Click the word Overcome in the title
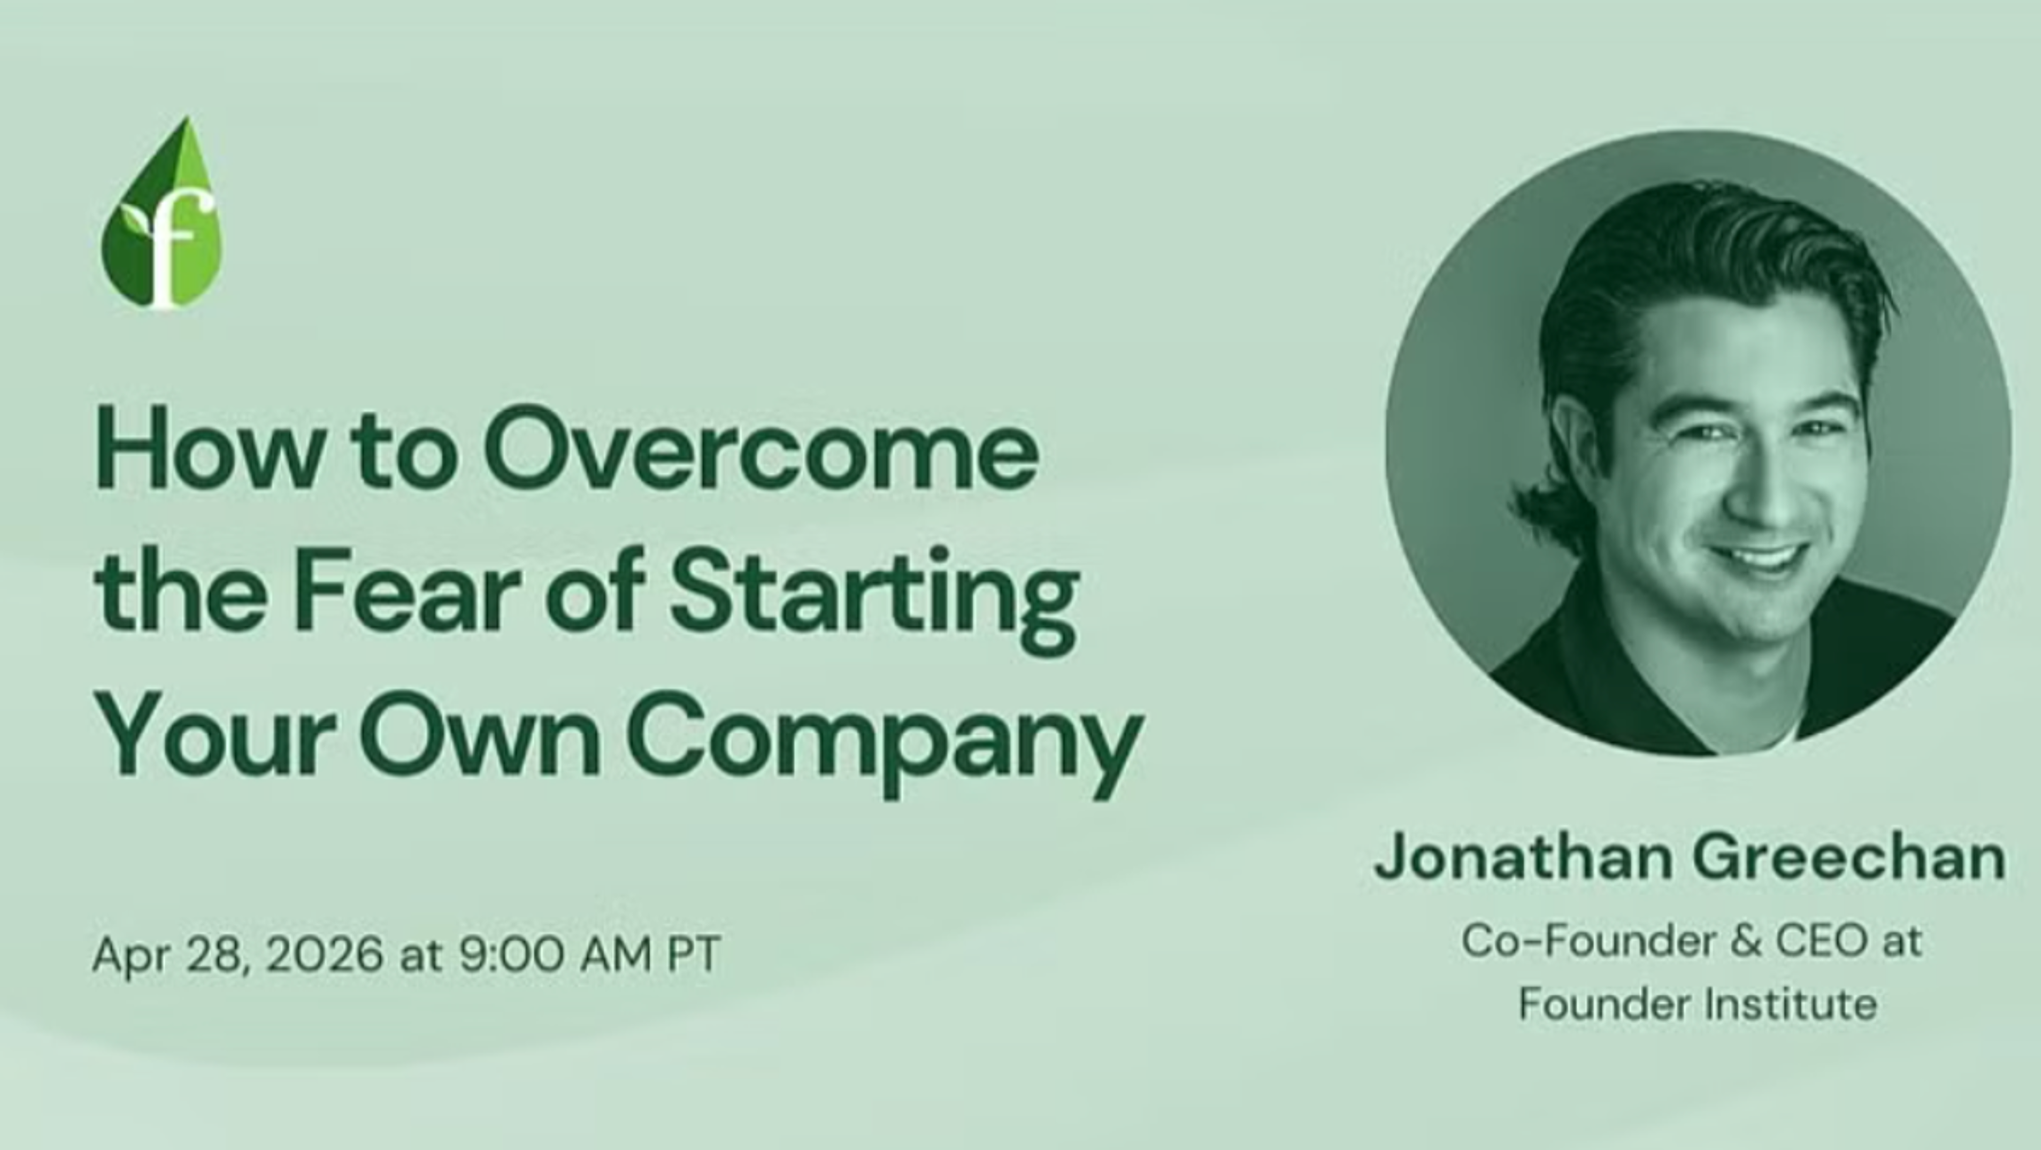tap(761, 449)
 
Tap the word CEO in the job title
tap(1821, 942)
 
